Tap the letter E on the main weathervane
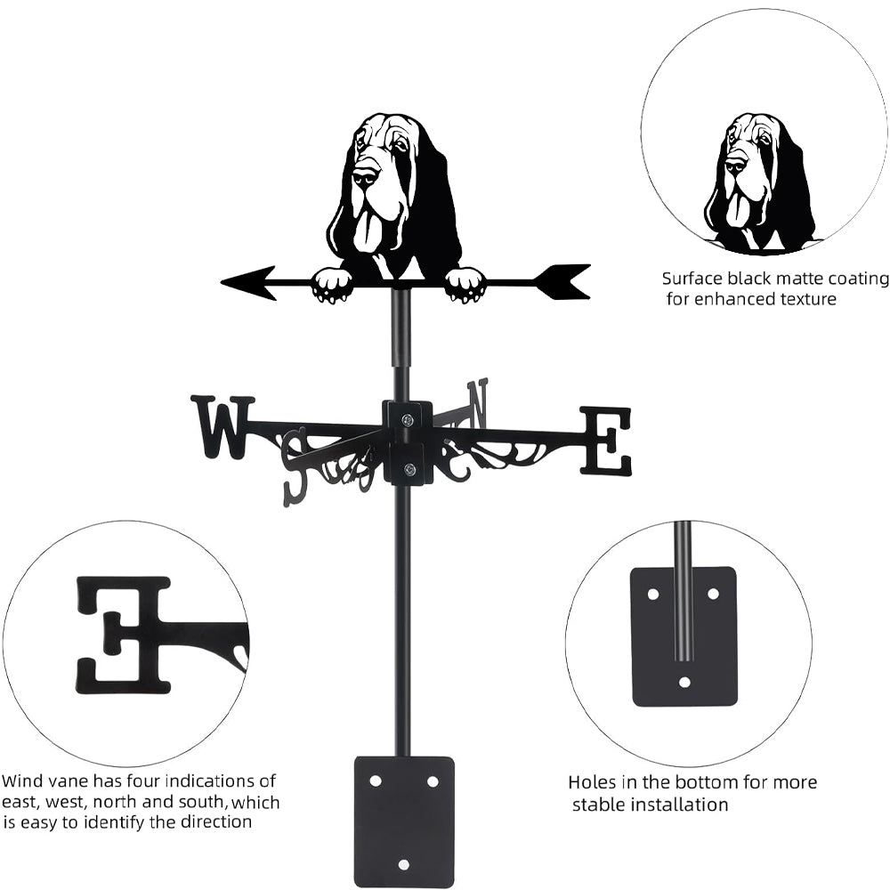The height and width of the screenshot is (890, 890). (x=606, y=441)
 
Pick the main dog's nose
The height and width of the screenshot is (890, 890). (x=362, y=174)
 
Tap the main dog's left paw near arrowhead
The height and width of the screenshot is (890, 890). (x=332, y=285)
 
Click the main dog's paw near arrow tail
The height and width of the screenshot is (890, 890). (x=465, y=285)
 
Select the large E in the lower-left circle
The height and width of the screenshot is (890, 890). (x=124, y=634)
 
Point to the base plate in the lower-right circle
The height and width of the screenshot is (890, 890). (x=684, y=636)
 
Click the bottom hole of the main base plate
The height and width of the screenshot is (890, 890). (x=404, y=863)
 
